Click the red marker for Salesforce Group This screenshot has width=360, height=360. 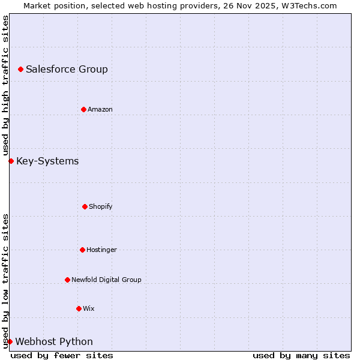pyautogui.click(x=21, y=69)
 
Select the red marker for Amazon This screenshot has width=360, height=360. pyautogui.click(x=83, y=109)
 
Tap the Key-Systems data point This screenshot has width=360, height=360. pyautogui.click(x=11, y=161)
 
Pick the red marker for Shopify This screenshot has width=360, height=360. pyautogui.click(x=85, y=206)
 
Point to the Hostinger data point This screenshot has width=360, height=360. pyautogui.click(x=82, y=250)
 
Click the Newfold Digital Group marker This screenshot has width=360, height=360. pyautogui.click(x=67, y=280)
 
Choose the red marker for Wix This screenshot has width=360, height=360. pyautogui.click(x=79, y=308)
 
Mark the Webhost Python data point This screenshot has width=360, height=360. pyautogui.click(x=10, y=341)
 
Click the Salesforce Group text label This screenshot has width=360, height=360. pyautogui.click(x=67, y=69)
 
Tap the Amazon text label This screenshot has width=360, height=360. pyautogui.click(x=100, y=109)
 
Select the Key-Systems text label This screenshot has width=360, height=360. pyautogui.click(x=47, y=161)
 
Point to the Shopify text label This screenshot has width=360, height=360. pyautogui.click(x=101, y=206)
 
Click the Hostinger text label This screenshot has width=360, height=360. pyautogui.click(x=101, y=250)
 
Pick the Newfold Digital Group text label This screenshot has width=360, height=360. pyautogui.click(x=106, y=280)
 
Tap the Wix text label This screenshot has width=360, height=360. pyautogui.click(x=89, y=308)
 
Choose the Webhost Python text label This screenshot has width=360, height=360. pyautogui.click(x=54, y=341)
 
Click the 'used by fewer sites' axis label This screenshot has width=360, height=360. pyautogui.click(x=62, y=355)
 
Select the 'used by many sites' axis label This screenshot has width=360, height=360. pyautogui.click(x=301, y=355)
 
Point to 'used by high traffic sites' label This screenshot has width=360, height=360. pyautogui.click(x=5, y=85)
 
